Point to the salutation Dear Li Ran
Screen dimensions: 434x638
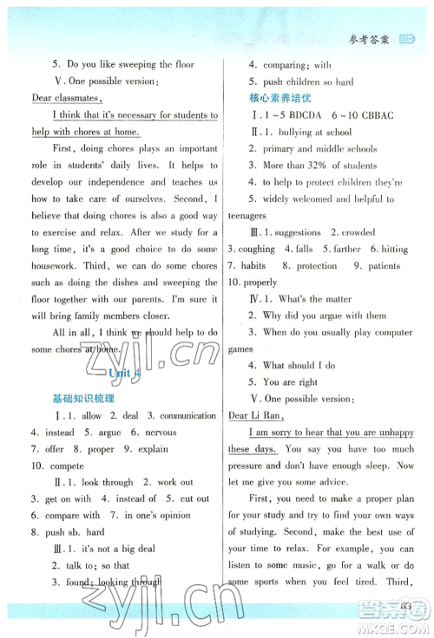(258, 415)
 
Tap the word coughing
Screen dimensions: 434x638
(256, 250)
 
